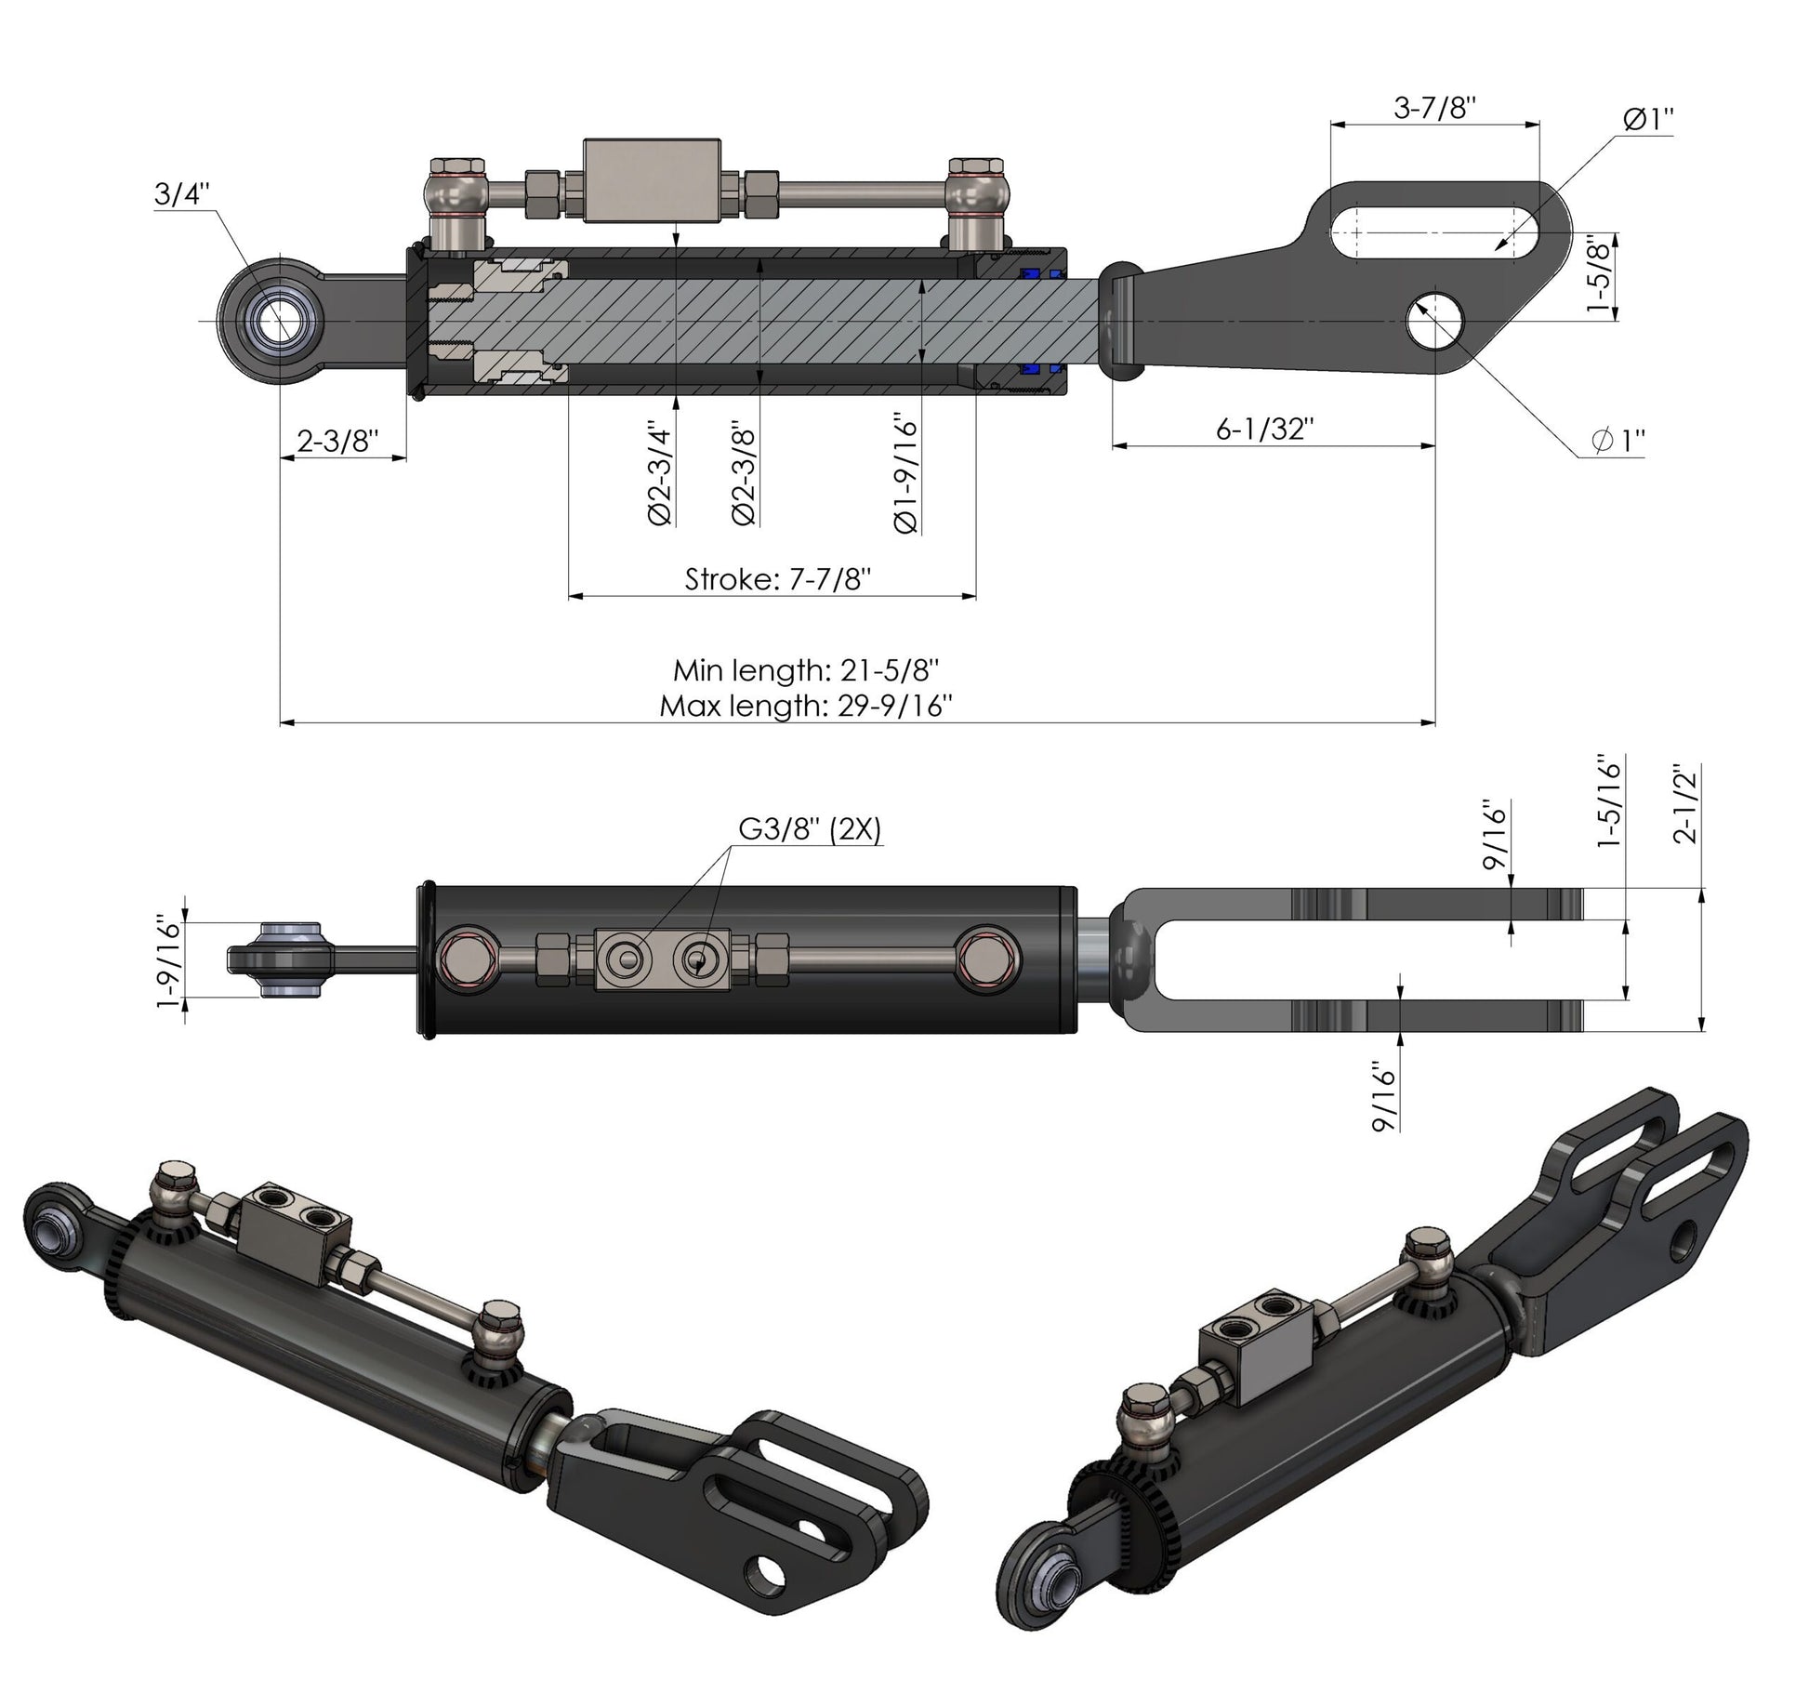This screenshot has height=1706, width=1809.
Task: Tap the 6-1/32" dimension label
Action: pyautogui.click(x=1265, y=429)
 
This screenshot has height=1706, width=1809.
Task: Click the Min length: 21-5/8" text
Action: pyautogui.click(x=806, y=669)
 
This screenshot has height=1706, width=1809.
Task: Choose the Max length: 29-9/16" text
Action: pyautogui.click(x=806, y=706)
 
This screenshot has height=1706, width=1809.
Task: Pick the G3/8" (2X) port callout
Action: pyautogui.click(x=809, y=827)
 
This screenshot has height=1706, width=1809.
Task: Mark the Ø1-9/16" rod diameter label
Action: pyautogui.click(x=905, y=475)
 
